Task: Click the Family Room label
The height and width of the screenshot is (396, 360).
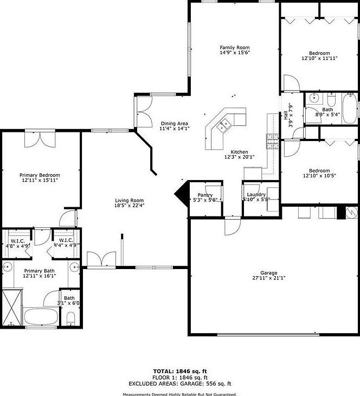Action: pos(234,47)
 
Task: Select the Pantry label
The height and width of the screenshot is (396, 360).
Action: pos(205,195)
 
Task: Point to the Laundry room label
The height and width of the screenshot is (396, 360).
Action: pos(255,194)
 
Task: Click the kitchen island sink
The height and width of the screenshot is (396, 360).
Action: pos(223,126)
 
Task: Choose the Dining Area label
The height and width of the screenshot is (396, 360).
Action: pos(174,123)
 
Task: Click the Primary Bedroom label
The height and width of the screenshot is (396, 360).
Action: pos(40,175)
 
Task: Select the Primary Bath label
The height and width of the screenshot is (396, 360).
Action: pos(38,270)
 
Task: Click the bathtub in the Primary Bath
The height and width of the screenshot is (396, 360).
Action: pos(41,317)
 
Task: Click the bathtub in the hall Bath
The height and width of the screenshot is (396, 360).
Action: pos(349,108)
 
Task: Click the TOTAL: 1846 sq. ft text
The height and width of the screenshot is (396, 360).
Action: pos(179,371)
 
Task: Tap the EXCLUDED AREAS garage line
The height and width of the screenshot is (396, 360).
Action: pos(179,384)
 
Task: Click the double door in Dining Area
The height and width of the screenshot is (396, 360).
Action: pos(143,112)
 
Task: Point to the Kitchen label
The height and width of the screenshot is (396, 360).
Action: pos(239,152)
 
